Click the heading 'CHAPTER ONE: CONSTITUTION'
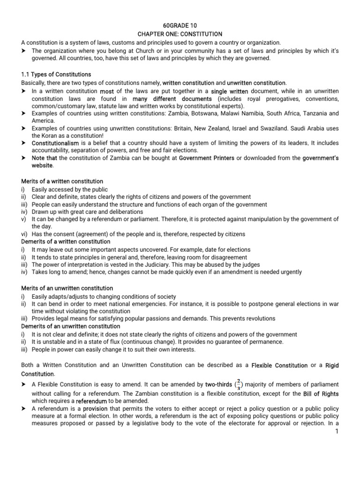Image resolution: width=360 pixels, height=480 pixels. coord(180,34)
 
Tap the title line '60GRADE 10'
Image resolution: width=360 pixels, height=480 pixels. coord(180,26)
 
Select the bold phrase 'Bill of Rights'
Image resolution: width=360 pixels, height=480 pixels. coord(321,393)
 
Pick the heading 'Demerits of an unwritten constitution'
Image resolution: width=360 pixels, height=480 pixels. coord(71,326)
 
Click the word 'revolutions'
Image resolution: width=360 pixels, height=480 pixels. coord(258,318)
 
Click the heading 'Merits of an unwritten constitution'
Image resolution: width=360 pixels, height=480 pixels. coord(67,288)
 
